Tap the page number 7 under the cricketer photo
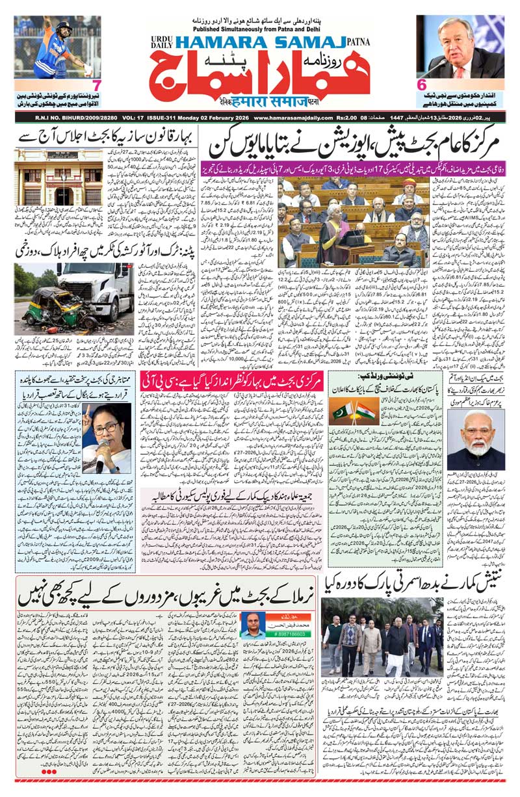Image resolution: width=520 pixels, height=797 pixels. pos(96,85)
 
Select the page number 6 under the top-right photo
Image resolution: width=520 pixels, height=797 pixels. pos(421,85)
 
